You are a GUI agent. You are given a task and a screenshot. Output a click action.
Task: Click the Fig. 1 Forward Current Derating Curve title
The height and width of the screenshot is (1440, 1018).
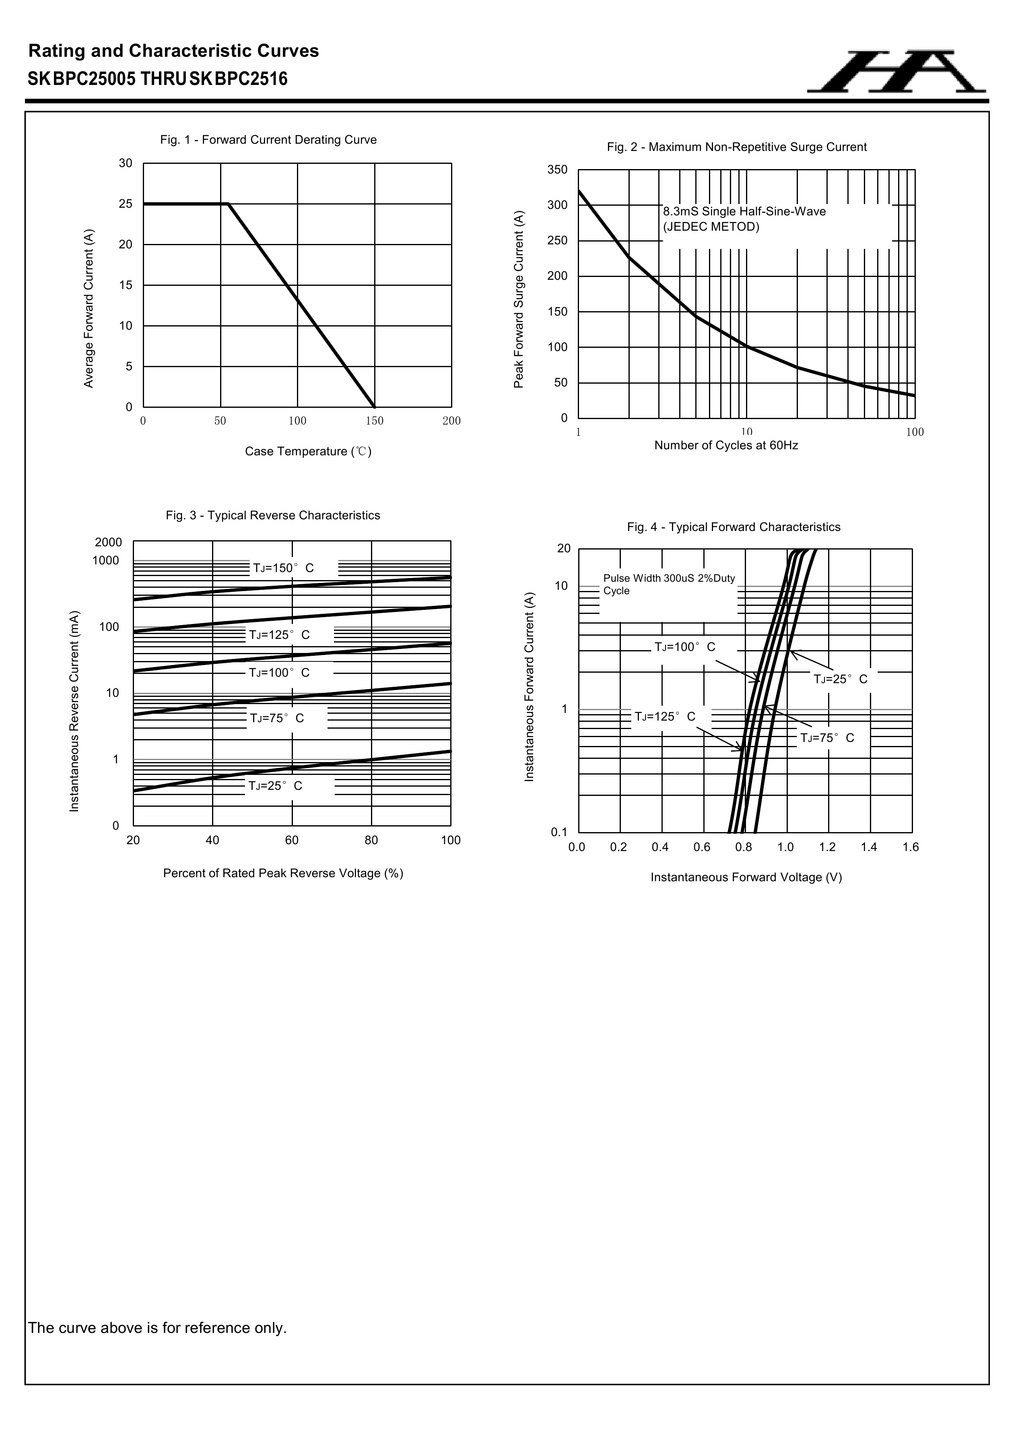tap(268, 140)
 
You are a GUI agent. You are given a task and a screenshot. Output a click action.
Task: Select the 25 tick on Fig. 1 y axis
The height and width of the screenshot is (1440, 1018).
tap(126, 204)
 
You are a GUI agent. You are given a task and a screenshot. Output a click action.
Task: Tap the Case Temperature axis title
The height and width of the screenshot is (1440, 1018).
tap(308, 452)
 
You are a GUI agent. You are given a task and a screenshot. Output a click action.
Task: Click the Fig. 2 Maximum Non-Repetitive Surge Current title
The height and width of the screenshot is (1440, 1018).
tap(737, 147)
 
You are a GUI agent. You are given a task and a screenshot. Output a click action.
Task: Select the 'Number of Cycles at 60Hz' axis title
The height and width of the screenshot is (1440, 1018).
tap(726, 445)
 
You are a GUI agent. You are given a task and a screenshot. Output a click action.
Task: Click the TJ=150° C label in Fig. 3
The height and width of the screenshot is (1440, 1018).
tap(283, 568)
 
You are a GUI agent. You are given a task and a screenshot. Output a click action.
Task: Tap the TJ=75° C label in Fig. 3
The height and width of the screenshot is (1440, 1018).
tap(277, 718)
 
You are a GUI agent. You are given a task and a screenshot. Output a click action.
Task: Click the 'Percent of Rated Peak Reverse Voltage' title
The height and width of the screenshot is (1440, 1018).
tap(283, 874)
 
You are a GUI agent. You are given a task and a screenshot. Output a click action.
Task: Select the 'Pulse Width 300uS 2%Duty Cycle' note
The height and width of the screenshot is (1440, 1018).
tap(668, 585)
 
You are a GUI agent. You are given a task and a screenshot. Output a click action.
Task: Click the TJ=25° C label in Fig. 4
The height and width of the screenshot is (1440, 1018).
tap(841, 679)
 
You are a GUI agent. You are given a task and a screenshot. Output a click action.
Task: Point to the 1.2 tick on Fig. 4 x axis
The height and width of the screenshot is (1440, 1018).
tap(827, 847)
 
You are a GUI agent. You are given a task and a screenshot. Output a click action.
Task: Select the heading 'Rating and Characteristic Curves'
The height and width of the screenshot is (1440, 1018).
tap(174, 51)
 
